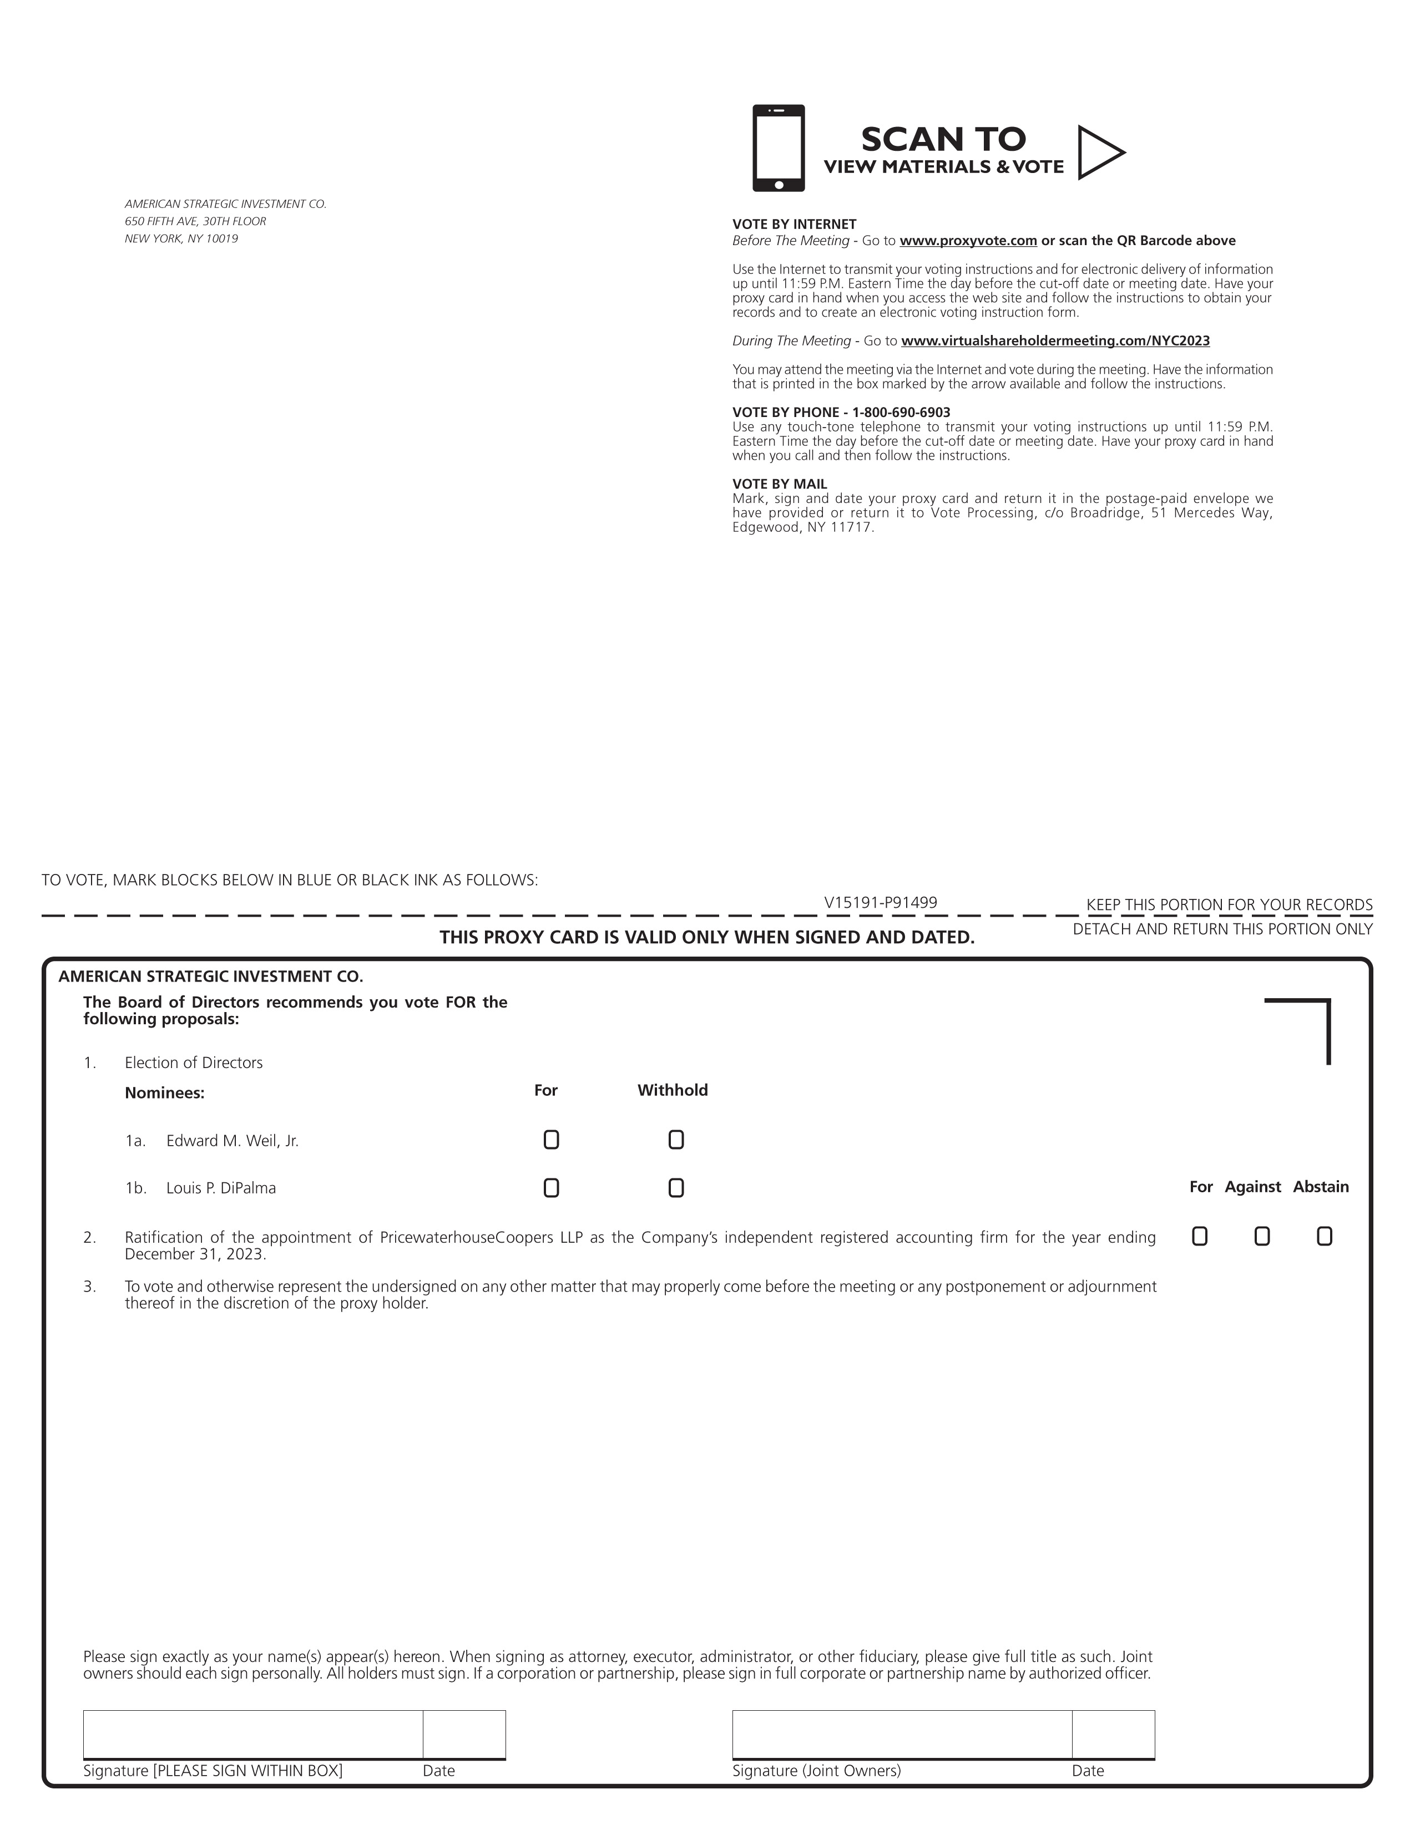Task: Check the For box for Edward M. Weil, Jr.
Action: click(551, 1140)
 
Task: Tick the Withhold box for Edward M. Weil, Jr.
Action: click(676, 1140)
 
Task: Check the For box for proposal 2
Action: click(1200, 1236)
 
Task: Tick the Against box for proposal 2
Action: click(1262, 1236)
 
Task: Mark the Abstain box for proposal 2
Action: click(1323, 1236)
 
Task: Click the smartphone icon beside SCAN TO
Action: click(778, 148)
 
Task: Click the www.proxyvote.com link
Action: click(968, 241)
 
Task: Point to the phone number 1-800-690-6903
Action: click(901, 412)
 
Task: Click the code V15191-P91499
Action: click(880, 902)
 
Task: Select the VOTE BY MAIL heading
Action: click(780, 484)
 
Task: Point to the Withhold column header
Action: click(673, 1090)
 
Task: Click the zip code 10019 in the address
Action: click(222, 239)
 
